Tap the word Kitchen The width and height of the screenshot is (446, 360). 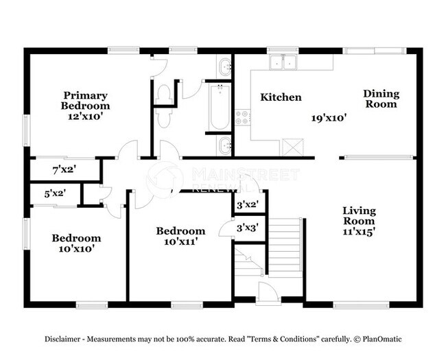point(281,97)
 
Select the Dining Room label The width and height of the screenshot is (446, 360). point(381,99)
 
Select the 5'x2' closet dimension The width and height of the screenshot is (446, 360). point(56,194)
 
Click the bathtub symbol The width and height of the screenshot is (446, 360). point(218,107)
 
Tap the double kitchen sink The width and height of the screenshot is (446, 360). point(283,64)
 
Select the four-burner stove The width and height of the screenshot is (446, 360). point(242,117)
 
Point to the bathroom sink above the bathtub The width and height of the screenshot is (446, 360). point(224,67)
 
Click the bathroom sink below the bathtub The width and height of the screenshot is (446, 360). point(224,145)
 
